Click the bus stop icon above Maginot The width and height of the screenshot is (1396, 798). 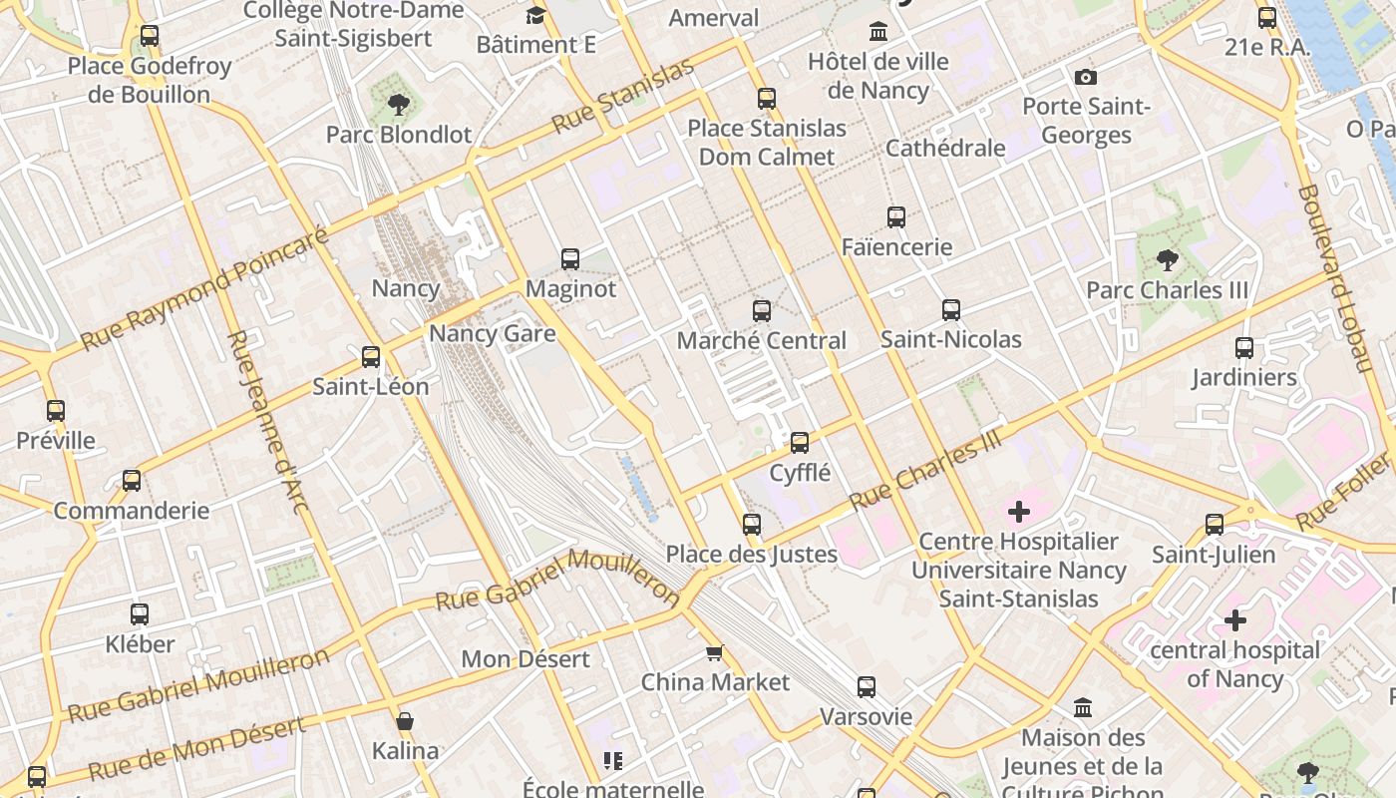click(570, 259)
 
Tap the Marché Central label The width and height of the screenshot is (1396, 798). click(761, 340)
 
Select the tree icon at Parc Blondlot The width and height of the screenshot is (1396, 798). click(399, 104)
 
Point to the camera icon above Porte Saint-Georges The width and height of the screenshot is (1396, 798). click(1086, 77)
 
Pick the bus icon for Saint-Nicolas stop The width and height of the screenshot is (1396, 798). click(951, 310)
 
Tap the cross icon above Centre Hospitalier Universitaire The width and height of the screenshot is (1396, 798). click(1018, 513)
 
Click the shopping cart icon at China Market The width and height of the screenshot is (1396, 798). click(714, 653)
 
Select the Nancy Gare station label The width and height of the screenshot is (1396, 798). click(493, 333)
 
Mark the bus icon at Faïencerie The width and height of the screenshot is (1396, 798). click(896, 216)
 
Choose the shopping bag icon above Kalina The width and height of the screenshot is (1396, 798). click(405, 721)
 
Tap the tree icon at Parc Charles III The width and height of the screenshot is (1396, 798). click(1167, 261)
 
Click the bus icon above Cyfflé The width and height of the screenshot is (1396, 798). click(800, 442)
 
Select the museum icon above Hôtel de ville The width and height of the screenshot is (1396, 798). click(878, 32)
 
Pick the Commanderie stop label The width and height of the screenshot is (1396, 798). click(132, 511)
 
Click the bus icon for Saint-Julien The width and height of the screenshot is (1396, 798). click(1215, 525)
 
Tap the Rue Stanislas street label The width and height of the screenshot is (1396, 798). click(622, 97)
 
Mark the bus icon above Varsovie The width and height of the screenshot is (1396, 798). click(867, 687)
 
